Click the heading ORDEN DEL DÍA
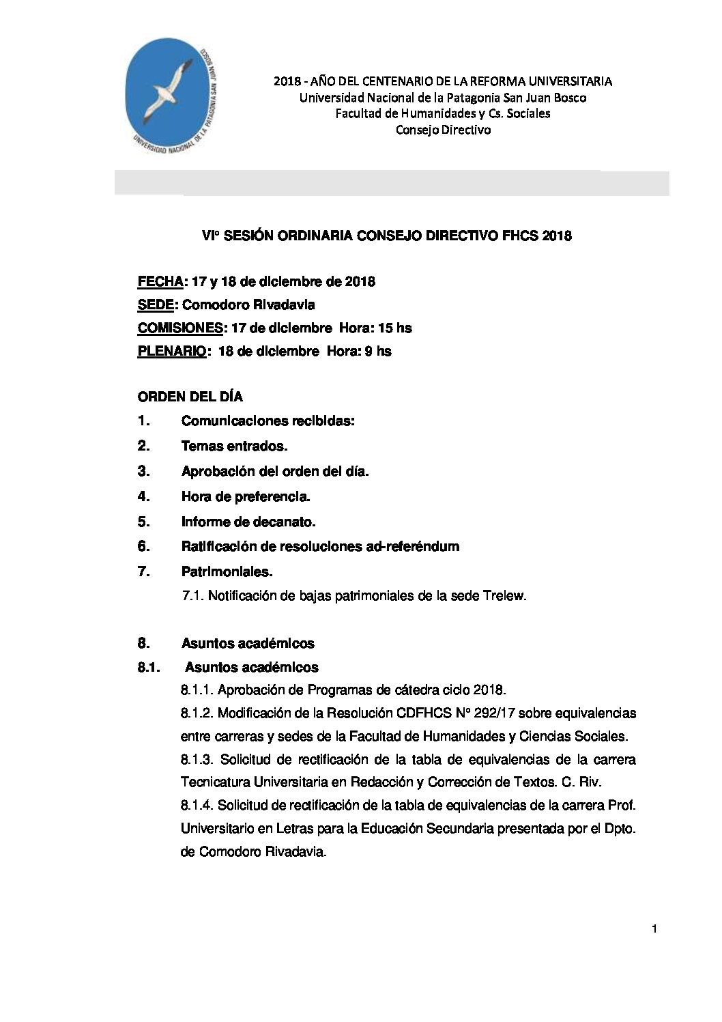pos(190,397)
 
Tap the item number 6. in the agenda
pos(143,546)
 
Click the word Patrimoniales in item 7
pos(227,571)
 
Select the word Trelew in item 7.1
pos(506,596)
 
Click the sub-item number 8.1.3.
pos(197,760)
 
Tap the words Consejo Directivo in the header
pos(443,130)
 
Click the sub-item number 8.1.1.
pos(197,689)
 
